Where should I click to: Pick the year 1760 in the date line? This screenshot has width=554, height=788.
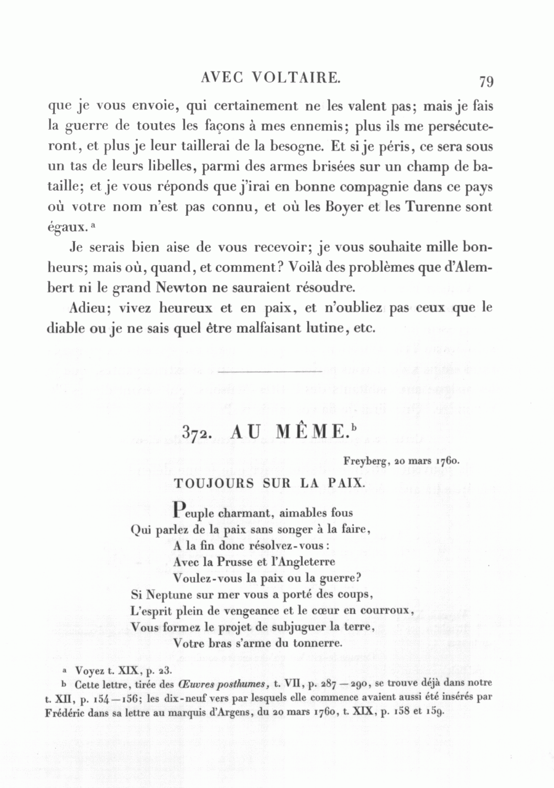click(448, 460)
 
